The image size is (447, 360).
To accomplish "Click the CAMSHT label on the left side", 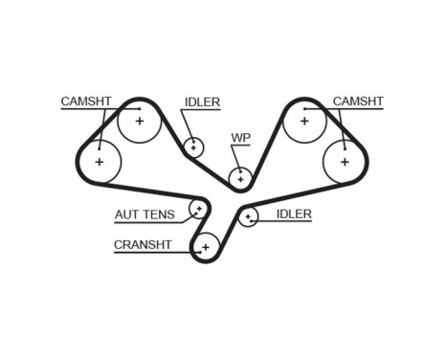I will (x=87, y=101).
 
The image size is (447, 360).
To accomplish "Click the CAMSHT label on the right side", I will (x=358, y=101).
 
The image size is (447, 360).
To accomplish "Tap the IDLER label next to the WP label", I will (x=202, y=101).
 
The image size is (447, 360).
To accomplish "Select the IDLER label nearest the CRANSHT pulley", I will (x=293, y=214).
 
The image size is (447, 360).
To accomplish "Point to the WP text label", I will (x=240, y=138).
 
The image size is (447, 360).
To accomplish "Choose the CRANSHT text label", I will (x=143, y=244).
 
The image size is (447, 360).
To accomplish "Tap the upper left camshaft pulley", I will (x=140, y=121).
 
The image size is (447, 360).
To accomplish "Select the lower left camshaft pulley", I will (x=99, y=163).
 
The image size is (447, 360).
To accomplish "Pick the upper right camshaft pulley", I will (x=305, y=121).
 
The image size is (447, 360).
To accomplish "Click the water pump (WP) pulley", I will (x=239, y=177).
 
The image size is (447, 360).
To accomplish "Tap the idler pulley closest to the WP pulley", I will (x=194, y=146).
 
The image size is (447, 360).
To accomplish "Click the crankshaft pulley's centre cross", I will (x=205, y=248).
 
